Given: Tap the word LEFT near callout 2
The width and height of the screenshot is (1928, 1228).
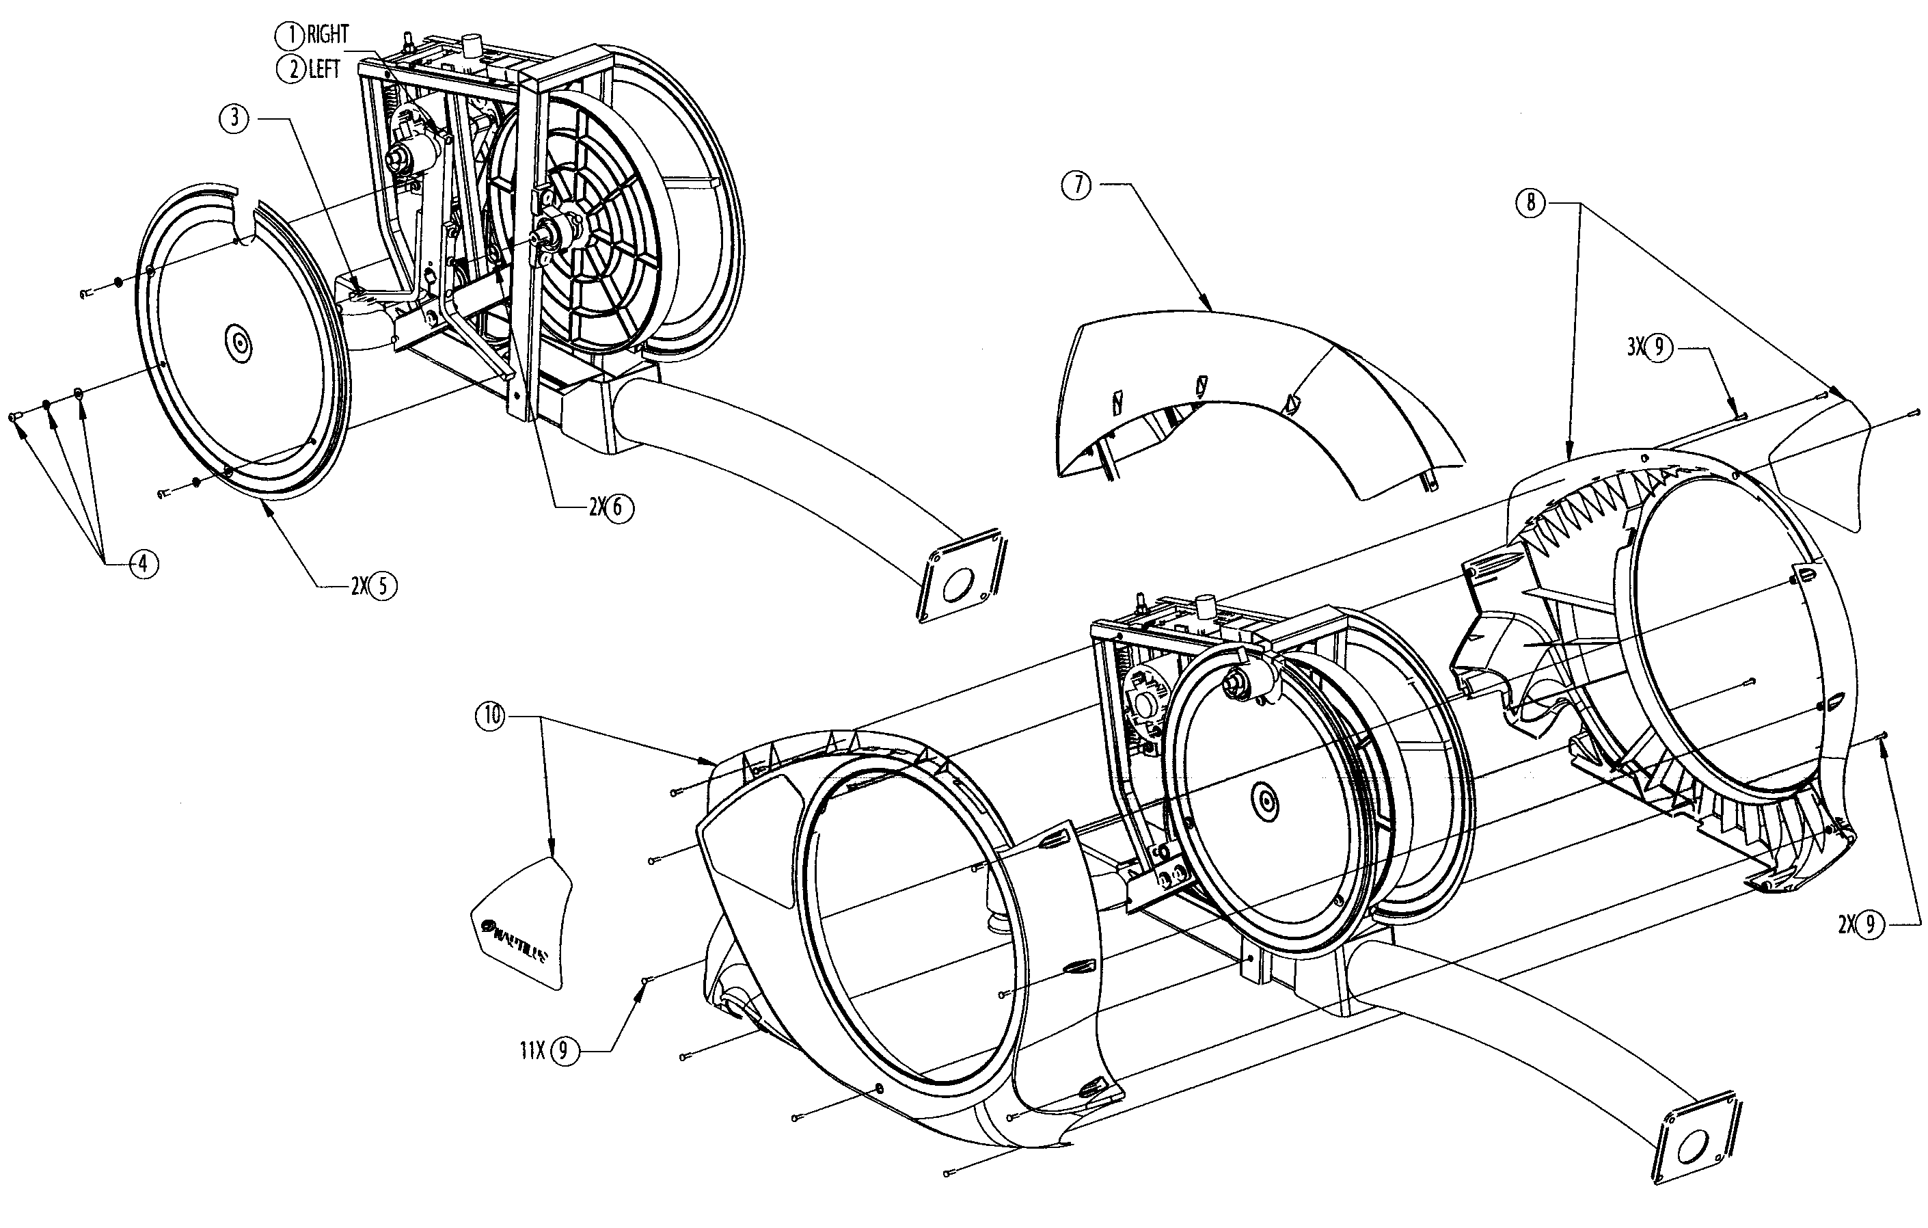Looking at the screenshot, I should coord(324,70).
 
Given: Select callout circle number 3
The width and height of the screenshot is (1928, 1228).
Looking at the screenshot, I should coord(234,118).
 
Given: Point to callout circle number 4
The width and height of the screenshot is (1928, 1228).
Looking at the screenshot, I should coord(143,564).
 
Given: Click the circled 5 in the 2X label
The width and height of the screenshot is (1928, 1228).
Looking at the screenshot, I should coord(382,587).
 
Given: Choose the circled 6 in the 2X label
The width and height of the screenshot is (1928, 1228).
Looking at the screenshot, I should coord(618,508).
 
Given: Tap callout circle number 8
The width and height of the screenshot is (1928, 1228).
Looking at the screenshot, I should coord(1531,202).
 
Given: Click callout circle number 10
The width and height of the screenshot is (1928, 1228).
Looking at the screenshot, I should coord(491,715).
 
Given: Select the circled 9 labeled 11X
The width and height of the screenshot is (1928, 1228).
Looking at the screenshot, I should coord(564,1050).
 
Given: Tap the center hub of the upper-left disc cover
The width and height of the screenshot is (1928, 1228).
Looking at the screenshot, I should coord(239,343).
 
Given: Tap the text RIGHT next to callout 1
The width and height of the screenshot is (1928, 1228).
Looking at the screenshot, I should coord(328,36).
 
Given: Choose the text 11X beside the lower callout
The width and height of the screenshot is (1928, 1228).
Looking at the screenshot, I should coord(532,1050).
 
